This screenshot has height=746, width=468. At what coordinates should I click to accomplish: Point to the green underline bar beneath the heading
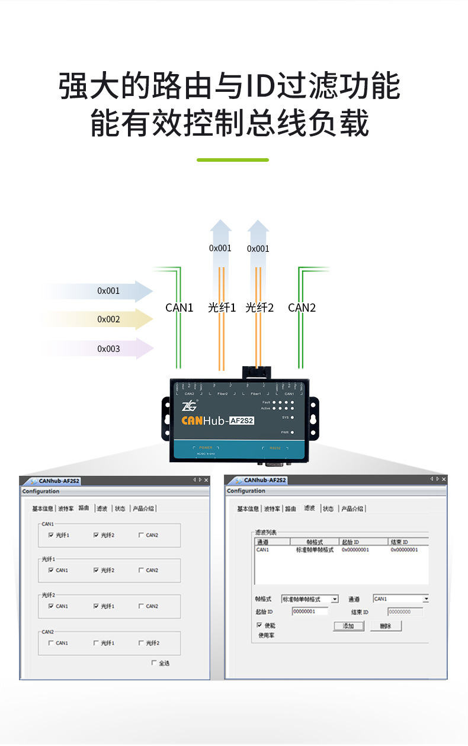232,160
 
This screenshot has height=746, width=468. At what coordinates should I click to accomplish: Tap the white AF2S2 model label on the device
241,421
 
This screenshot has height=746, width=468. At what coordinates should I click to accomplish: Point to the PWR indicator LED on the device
293,433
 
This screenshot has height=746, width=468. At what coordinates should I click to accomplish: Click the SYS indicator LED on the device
293,417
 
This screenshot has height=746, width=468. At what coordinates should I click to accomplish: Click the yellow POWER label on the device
206,447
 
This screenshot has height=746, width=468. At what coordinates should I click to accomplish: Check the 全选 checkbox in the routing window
154,662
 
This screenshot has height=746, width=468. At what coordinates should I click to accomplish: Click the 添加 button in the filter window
348,626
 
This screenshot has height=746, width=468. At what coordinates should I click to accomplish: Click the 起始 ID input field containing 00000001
310,611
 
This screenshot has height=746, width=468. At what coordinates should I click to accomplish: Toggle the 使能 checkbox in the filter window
259,625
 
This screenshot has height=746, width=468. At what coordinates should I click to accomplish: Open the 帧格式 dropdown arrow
335,599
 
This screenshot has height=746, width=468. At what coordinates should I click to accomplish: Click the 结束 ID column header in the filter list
408,542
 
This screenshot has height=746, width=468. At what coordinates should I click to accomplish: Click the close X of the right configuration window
444,479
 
